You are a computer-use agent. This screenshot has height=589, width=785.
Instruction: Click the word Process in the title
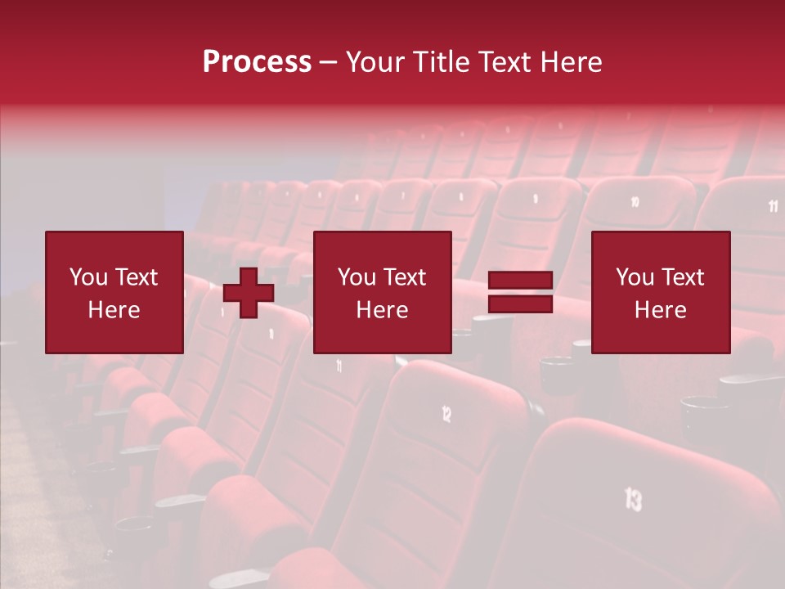click(257, 62)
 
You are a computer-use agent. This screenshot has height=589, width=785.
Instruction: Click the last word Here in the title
click(570, 62)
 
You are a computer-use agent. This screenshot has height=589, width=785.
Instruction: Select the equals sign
click(520, 292)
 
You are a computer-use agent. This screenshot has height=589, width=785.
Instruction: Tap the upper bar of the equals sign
click(520, 281)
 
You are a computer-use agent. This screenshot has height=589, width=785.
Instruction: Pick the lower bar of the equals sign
click(520, 303)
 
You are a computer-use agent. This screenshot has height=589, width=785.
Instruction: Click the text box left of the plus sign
click(114, 292)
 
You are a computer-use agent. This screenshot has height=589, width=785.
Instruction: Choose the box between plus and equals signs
click(382, 292)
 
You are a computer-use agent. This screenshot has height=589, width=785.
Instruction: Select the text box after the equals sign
click(660, 292)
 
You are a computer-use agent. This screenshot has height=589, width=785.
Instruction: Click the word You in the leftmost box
click(88, 277)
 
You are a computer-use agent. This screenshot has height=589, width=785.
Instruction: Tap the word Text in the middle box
click(405, 277)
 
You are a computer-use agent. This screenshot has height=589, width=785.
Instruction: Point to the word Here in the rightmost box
click(660, 310)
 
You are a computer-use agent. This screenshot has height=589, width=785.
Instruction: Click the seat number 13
click(633, 498)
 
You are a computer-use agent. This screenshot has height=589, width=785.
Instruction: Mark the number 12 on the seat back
click(446, 415)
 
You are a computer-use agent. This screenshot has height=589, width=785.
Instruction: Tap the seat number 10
click(635, 201)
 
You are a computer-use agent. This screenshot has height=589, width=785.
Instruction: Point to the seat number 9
click(536, 198)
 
